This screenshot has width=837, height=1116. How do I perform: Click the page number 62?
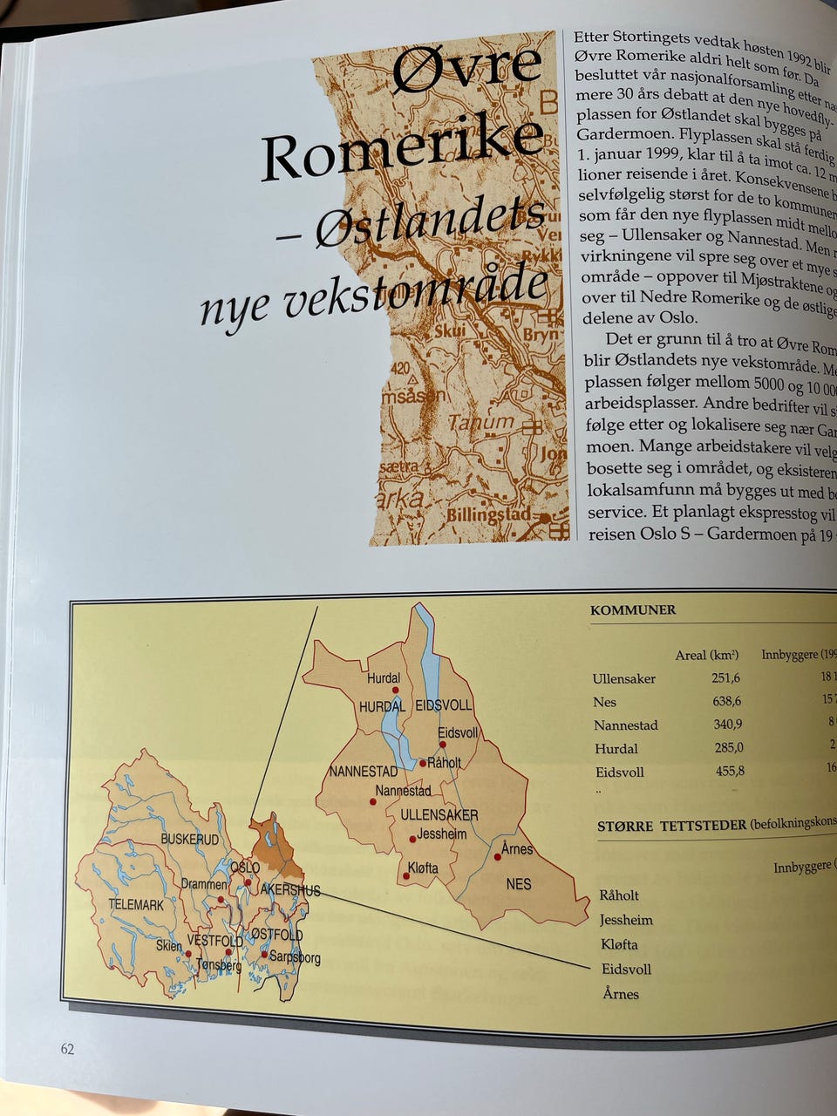tap(67, 1049)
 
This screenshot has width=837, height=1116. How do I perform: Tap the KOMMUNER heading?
tap(633, 610)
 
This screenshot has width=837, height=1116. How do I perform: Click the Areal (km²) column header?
tap(706, 656)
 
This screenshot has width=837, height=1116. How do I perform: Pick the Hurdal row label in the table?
tap(616, 748)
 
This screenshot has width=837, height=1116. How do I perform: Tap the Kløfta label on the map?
tap(423, 868)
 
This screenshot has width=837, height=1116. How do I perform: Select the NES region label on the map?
tap(518, 884)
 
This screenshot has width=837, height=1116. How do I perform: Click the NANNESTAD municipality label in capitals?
tap(363, 772)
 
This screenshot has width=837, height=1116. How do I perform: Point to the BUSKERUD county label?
tap(189, 839)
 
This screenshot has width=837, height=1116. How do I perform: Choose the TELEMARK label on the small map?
tap(136, 905)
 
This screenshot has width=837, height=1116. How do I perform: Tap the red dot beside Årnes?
tap(498, 857)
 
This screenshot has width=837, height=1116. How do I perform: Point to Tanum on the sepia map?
tap(481, 423)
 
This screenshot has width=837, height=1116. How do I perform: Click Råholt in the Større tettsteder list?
tap(619, 895)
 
